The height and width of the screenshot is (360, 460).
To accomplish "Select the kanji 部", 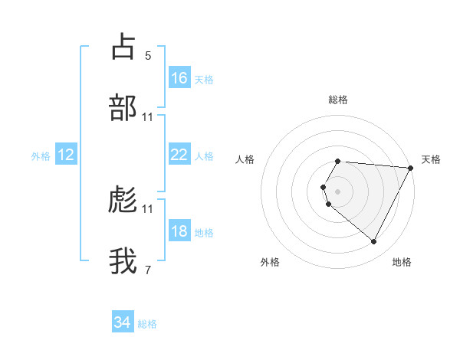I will (123, 108).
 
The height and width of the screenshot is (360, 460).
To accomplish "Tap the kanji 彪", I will (123, 200).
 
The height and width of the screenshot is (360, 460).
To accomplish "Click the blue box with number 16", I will (179, 78).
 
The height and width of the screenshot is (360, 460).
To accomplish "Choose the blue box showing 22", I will (179, 155).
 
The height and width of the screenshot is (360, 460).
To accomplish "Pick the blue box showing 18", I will (179, 232).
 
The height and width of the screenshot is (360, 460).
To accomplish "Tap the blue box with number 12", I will (66, 155).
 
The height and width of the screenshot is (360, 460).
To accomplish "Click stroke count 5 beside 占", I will (148, 55).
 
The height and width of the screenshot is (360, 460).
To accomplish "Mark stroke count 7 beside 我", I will (148, 270).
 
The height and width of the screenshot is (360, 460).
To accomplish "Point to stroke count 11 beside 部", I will (148, 116).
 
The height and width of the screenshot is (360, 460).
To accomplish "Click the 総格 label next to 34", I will (147, 324).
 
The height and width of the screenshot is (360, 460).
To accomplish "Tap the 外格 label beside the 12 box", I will (41, 155).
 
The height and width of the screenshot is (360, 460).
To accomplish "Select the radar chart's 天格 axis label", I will (431, 159).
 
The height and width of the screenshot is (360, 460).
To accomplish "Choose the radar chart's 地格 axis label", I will (402, 262).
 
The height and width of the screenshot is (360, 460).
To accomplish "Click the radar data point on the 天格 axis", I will (411, 168).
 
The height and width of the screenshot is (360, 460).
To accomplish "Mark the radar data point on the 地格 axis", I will (374, 242).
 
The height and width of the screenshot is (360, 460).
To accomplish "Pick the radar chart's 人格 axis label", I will (245, 159).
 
